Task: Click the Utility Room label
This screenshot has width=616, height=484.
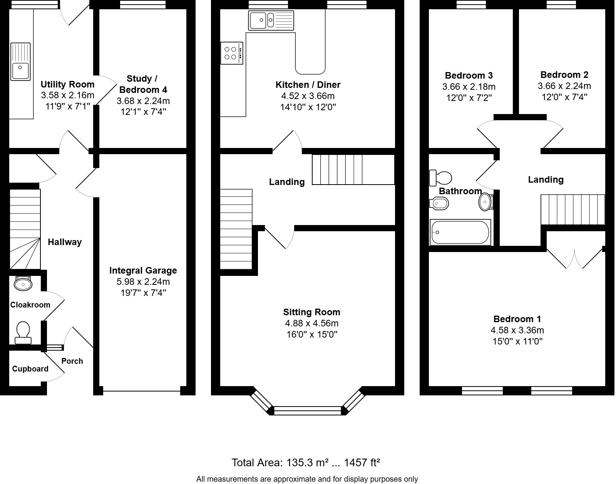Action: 67,84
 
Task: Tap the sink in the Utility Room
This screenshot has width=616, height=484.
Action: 20,62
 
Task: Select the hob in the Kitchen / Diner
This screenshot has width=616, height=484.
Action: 231,53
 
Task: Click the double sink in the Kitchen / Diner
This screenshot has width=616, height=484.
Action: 271,20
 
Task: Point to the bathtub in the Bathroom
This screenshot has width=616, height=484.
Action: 460,232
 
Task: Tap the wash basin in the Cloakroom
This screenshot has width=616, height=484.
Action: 23,284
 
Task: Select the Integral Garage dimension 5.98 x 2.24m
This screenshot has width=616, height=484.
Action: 143,282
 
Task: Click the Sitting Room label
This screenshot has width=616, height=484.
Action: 311,312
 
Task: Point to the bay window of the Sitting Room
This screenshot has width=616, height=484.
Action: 307,410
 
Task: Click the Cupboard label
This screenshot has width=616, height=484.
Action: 30,369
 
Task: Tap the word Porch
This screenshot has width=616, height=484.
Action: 72,361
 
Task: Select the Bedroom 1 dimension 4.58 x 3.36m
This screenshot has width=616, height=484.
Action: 517,330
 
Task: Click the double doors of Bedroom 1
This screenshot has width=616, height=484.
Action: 574,258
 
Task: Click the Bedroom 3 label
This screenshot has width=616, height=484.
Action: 469,76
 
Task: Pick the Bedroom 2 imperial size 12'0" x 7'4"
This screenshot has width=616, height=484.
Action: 564,97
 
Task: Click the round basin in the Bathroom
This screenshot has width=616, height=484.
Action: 485,202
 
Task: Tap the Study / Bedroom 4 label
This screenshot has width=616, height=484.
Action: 143,84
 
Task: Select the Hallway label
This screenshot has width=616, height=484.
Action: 65,242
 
